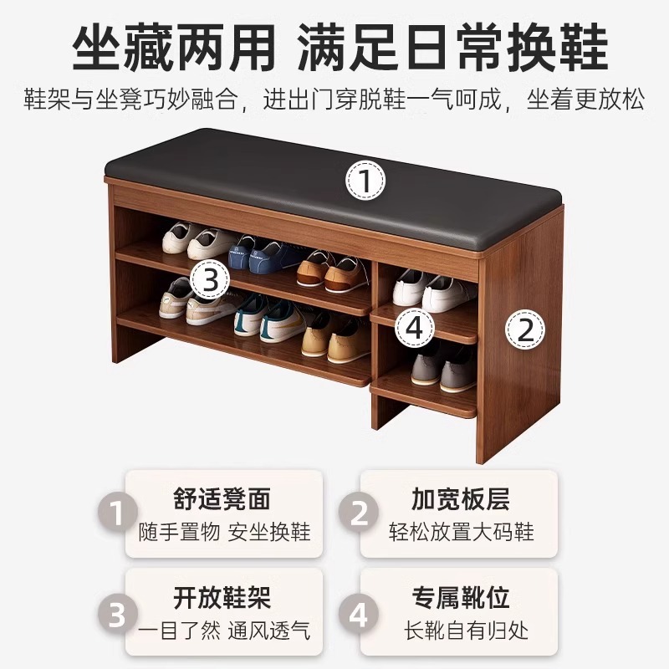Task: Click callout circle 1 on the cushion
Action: pos(365,180)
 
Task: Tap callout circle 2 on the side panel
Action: pos(525,329)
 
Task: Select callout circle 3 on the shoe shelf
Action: pos(210,280)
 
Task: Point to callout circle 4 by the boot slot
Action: pos(414,328)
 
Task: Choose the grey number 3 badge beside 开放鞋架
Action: pos(117,615)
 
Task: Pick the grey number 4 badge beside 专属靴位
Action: pos(359,615)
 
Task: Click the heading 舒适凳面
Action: pos(222,498)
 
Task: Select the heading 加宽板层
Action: pos(461,498)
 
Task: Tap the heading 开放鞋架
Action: pos(222,597)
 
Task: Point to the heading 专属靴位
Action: pos(461,597)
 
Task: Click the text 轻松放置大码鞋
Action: pos(462,532)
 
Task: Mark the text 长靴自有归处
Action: pos(467,631)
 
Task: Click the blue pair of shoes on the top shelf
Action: pos(263,254)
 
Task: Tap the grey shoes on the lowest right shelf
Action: pos(443,368)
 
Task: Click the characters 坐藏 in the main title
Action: pos(123,47)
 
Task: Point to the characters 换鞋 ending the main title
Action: pos(557,47)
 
